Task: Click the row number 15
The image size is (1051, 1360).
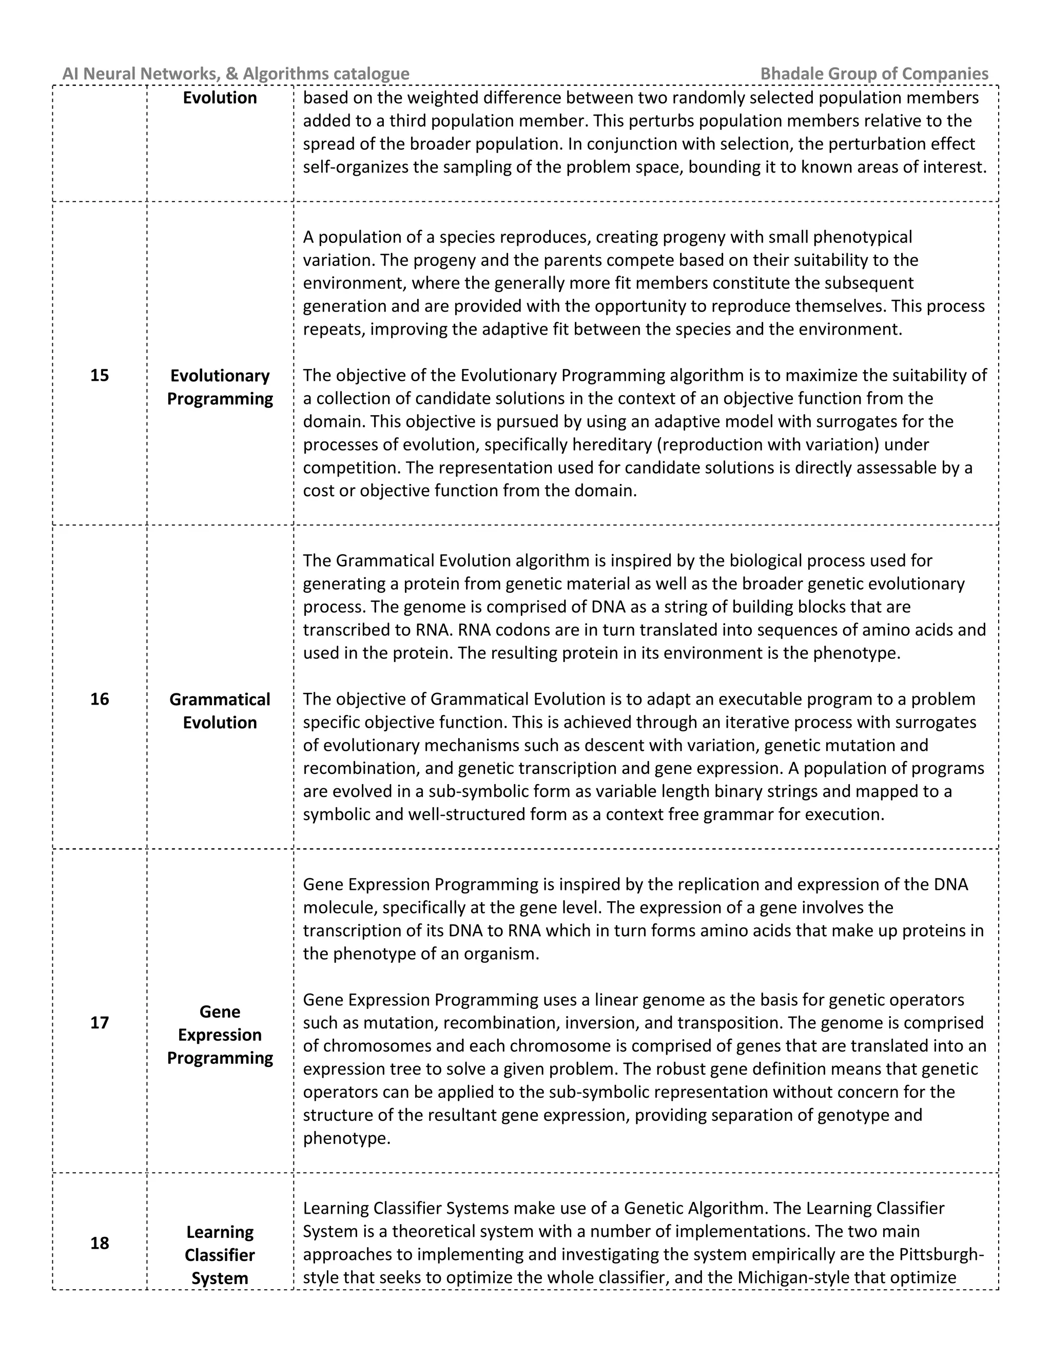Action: pyautogui.click(x=100, y=376)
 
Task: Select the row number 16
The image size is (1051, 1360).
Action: pyautogui.click(x=100, y=700)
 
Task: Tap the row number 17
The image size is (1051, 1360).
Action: pyautogui.click(x=100, y=1023)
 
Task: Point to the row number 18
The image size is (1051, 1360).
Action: pyautogui.click(x=100, y=1244)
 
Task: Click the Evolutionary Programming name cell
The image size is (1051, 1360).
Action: pyautogui.click(x=220, y=387)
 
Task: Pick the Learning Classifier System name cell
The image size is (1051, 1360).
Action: pyautogui.click(x=220, y=1255)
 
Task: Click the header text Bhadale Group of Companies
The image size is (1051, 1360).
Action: pyautogui.click(x=874, y=74)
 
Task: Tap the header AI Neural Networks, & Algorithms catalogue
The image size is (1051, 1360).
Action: pyautogui.click(x=236, y=74)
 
